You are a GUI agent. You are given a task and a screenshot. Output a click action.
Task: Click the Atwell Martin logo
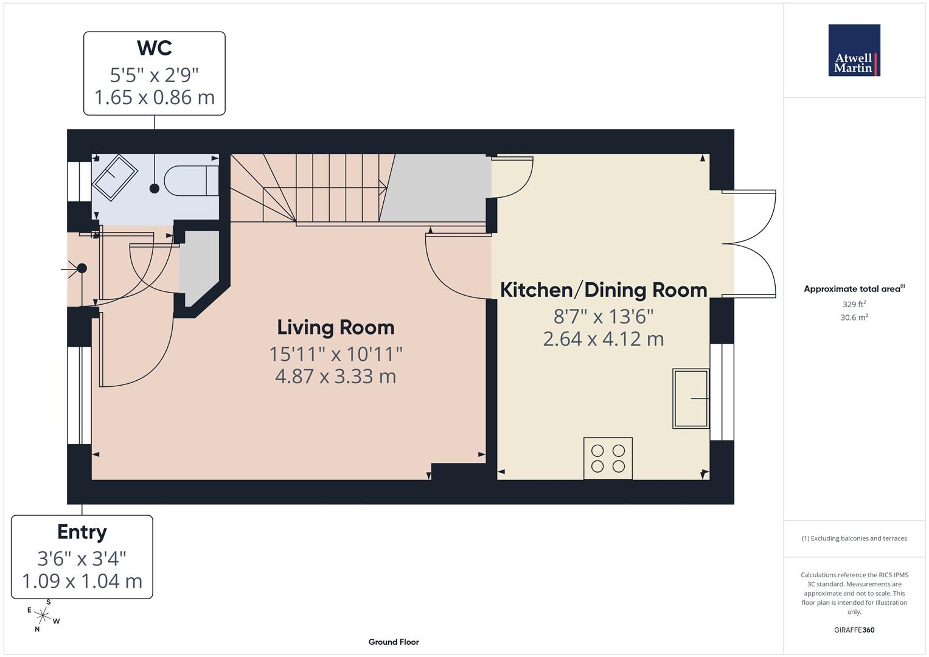(854, 50)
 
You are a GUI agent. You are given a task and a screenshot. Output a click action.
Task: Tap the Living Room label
(336, 327)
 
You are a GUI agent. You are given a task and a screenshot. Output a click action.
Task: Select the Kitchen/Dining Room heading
(604, 290)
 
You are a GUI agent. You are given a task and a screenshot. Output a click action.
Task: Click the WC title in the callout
(155, 47)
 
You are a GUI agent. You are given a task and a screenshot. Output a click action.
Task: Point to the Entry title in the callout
(82, 532)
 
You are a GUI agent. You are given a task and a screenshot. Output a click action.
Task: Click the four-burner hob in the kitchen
(608, 458)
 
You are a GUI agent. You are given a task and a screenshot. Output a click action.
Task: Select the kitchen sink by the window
(691, 398)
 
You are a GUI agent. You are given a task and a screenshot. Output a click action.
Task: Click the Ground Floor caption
(394, 642)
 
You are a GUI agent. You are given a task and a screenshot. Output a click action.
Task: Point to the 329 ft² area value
(854, 304)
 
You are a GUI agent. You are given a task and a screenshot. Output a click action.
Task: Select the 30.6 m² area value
(854, 317)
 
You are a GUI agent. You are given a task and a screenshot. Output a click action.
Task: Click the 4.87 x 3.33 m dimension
(336, 376)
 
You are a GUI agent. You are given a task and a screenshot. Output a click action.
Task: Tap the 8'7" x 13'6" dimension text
(604, 316)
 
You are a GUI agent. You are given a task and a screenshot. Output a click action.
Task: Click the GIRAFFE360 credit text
(854, 630)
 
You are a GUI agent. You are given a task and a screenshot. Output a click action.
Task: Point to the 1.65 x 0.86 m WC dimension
(155, 97)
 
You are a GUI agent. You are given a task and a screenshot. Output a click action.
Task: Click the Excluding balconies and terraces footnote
(854, 538)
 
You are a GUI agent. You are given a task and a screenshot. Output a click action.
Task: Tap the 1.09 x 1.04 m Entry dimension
(82, 581)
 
